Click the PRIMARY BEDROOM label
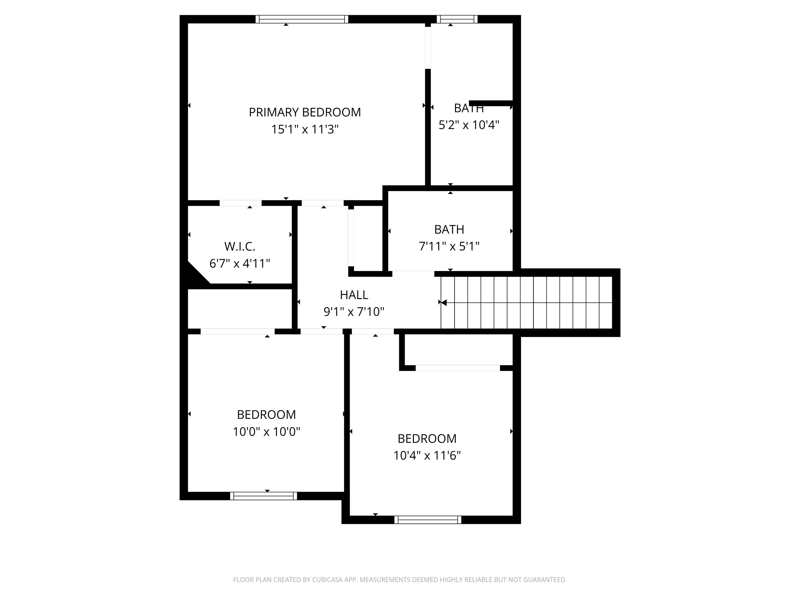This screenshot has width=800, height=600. tap(304, 112)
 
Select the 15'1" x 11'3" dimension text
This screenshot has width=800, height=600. tap(304, 129)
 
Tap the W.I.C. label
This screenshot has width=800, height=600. tap(239, 246)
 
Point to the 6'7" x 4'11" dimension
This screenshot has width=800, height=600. tap(239, 263)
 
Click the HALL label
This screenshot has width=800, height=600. tap(354, 295)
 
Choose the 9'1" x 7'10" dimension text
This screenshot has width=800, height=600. tap(354, 311)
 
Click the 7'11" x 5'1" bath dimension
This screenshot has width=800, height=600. tap(449, 246)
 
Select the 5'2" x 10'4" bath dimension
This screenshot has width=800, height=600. tap(469, 125)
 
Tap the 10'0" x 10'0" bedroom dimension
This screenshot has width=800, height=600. tap(266, 432)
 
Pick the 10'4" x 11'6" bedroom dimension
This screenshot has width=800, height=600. tap(427, 455)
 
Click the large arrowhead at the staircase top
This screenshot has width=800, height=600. tap(444, 302)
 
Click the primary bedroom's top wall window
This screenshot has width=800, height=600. tap(302, 19)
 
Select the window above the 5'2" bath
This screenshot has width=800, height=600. tap(457, 19)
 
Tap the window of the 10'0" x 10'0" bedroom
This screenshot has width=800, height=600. tap(263, 496)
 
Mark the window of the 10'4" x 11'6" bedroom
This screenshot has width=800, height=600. tap(428, 520)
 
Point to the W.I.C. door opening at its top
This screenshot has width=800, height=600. tap(241, 203)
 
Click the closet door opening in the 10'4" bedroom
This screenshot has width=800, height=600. tap(458, 368)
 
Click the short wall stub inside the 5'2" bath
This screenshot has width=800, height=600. tap(490, 103)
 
